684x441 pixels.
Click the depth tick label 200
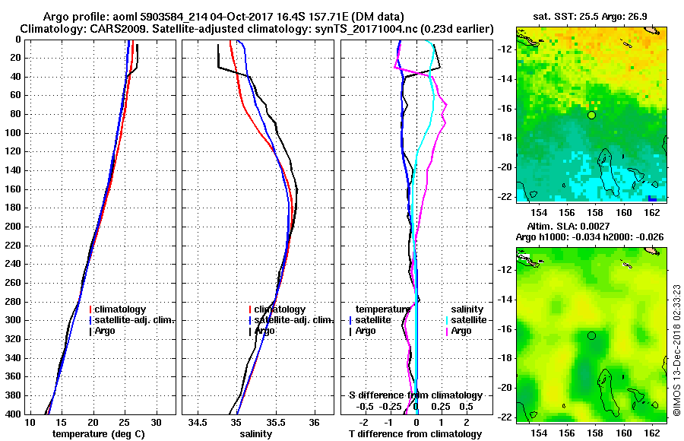[x=13, y=227]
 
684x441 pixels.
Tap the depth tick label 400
[x=13, y=414]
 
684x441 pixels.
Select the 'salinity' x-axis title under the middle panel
[x=255, y=434]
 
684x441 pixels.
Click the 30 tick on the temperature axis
[x=157, y=422]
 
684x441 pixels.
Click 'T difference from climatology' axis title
[x=415, y=434]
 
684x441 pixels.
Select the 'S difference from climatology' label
[x=415, y=395]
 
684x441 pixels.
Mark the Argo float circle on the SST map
[x=591, y=115]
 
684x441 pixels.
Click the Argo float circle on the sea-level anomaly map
[x=591, y=335]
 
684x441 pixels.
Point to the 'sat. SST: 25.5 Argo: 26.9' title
[x=592, y=17]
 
